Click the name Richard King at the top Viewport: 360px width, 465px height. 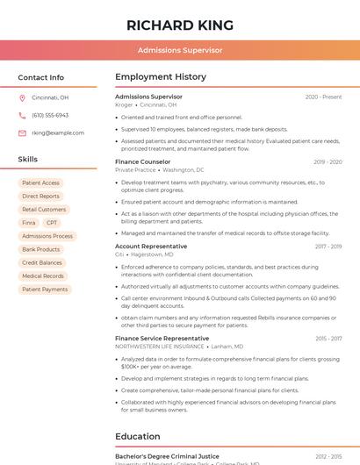coord(179,25)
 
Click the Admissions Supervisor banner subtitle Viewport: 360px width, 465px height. coord(179,51)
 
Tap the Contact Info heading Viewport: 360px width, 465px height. coord(40,77)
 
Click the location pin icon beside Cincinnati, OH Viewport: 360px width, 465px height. coord(22,98)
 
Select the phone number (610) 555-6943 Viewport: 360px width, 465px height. coord(50,115)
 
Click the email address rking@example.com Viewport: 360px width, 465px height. coord(52,132)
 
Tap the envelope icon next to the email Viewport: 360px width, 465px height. coord(22,132)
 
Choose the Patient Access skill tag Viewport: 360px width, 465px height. coord(41,182)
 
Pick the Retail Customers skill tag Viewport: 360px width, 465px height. coord(44,210)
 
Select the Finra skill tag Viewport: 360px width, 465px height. coord(29,223)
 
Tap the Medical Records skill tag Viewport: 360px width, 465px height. coord(43,275)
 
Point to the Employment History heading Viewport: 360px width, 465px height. coord(161,77)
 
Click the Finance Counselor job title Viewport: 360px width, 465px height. coord(142,162)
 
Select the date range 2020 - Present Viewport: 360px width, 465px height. coord(323,97)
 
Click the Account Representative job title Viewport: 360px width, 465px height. coord(151,247)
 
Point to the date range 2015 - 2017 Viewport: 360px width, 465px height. coord(328,338)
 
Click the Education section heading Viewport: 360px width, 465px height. coord(138,436)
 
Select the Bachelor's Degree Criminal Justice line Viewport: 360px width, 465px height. coord(167,456)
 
